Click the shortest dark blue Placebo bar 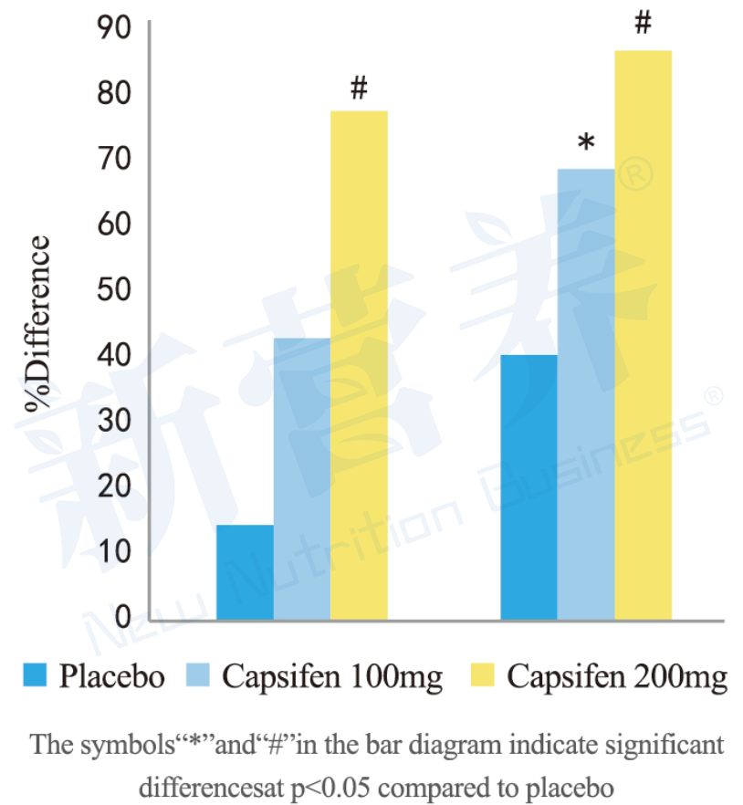point(245,572)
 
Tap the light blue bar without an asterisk point(302,479)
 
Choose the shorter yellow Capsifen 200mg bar point(359,365)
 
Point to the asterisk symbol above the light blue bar point(586,143)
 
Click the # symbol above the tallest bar point(643,23)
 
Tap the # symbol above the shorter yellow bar point(359,89)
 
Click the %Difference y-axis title point(41,324)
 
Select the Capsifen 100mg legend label point(332,677)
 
